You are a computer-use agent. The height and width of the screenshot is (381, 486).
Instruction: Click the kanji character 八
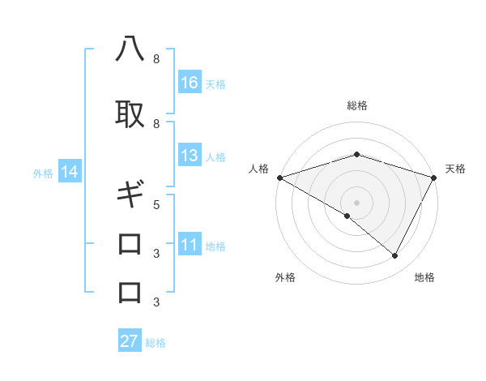pyautogui.click(x=130, y=51)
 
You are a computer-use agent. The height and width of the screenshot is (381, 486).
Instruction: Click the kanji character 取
pyautogui.click(x=130, y=114)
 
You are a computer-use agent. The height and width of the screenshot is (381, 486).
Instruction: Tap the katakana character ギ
pyautogui.click(x=130, y=195)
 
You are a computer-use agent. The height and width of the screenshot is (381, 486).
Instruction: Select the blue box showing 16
pyautogui.click(x=190, y=83)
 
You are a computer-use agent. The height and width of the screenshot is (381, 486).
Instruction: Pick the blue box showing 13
pyautogui.click(x=190, y=156)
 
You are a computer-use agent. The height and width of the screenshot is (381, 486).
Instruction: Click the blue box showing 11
pyautogui.click(x=190, y=246)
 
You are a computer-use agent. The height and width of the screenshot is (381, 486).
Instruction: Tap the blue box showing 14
pyautogui.click(x=69, y=172)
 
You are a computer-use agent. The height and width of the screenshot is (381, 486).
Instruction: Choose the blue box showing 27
pyautogui.click(x=130, y=341)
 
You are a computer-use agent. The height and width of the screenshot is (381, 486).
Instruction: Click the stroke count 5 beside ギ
pyautogui.click(x=156, y=204)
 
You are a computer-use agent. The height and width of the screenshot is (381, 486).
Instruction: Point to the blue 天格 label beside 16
pyautogui.click(x=215, y=83)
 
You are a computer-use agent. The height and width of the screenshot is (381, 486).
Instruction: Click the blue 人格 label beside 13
pyautogui.click(x=215, y=156)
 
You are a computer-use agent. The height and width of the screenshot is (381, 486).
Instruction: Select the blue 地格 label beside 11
pyautogui.click(x=215, y=246)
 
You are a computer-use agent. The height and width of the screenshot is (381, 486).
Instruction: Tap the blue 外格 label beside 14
pyautogui.click(x=43, y=173)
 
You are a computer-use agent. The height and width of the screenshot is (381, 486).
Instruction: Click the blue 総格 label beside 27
pyautogui.click(x=156, y=342)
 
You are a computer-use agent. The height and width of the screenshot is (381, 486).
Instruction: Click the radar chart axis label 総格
pyautogui.click(x=356, y=105)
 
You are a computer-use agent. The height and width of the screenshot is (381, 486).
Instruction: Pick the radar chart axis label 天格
pyautogui.click(x=455, y=169)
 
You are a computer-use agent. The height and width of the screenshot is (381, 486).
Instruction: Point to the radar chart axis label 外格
pyautogui.click(x=284, y=277)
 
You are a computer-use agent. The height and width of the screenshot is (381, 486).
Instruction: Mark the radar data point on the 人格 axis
pyautogui.click(x=279, y=178)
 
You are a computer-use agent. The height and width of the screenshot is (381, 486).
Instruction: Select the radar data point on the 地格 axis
pyautogui.click(x=395, y=256)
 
